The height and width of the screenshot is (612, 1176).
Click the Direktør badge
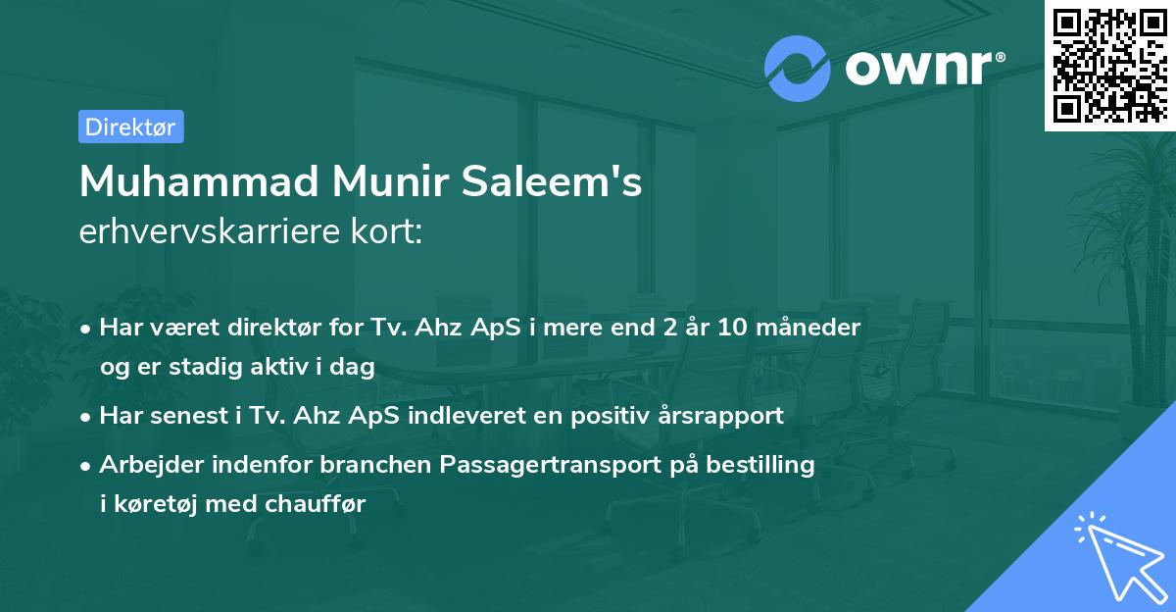[x=130, y=127]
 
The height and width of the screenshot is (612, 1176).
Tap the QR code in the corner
[x=1108, y=65]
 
